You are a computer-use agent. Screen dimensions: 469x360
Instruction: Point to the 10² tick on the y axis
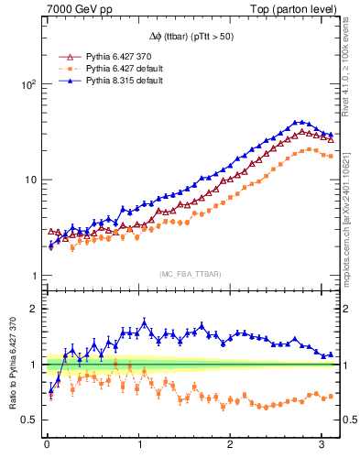click(x=28, y=83)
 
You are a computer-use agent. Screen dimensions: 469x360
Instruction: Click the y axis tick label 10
click(x=30, y=180)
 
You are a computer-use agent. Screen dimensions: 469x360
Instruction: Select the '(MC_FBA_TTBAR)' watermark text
click(x=190, y=274)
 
